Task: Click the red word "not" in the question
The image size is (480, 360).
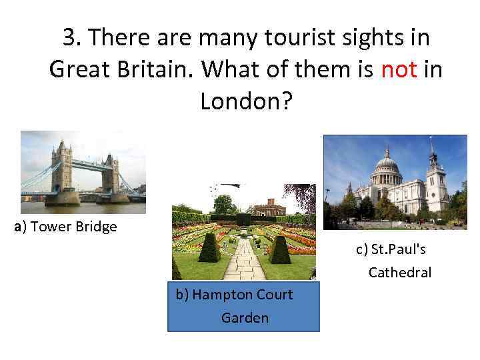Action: (x=399, y=69)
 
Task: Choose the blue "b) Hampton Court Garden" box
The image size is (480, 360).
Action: (x=243, y=306)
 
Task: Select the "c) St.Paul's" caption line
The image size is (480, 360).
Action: (x=391, y=249)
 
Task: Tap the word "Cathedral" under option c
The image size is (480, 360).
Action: (x=400, y=272)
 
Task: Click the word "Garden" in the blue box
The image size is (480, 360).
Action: (x=245, y=318)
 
